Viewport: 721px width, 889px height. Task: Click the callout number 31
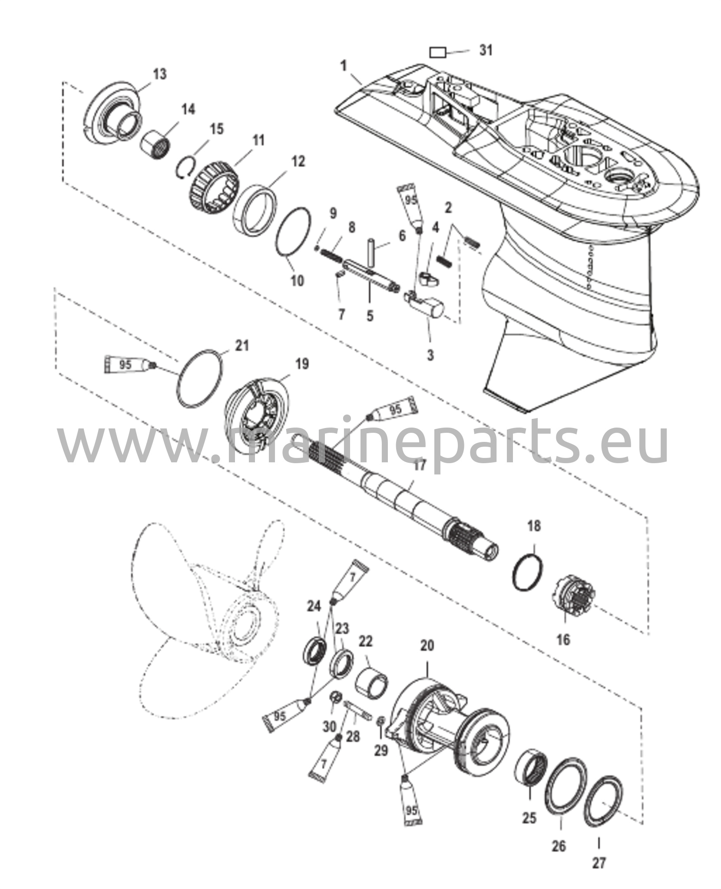(x=486, y=50)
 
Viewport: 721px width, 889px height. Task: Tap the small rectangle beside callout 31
(x=438, y=53)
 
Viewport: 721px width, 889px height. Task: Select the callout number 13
(x=160, y=74)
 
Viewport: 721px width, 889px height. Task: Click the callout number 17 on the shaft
(x=420, y=465)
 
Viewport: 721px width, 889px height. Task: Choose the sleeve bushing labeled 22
(x=372, y=684)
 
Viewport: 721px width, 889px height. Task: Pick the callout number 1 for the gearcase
(x=344, y=66)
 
